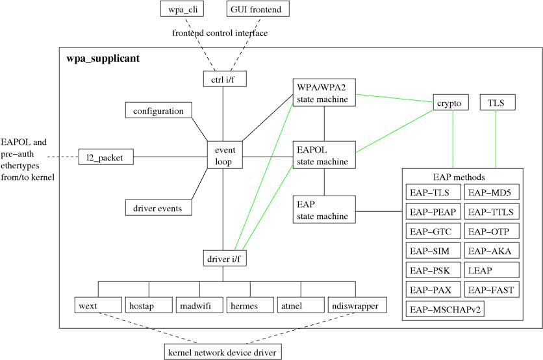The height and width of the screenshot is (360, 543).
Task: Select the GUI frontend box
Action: (x=258, y=9)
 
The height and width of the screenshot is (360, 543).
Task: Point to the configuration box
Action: (x=158, y=111)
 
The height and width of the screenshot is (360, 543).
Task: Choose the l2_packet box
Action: (x=106, y=157)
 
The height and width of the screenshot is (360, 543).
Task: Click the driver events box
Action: (x=158, y=208)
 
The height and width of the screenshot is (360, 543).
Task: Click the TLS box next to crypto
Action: (x=497, y=103)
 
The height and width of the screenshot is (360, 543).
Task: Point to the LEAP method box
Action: (x=492, y=270)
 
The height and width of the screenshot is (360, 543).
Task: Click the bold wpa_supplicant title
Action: (x=103, y=58)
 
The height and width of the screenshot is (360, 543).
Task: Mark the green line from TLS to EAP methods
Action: (x=497, y=140)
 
